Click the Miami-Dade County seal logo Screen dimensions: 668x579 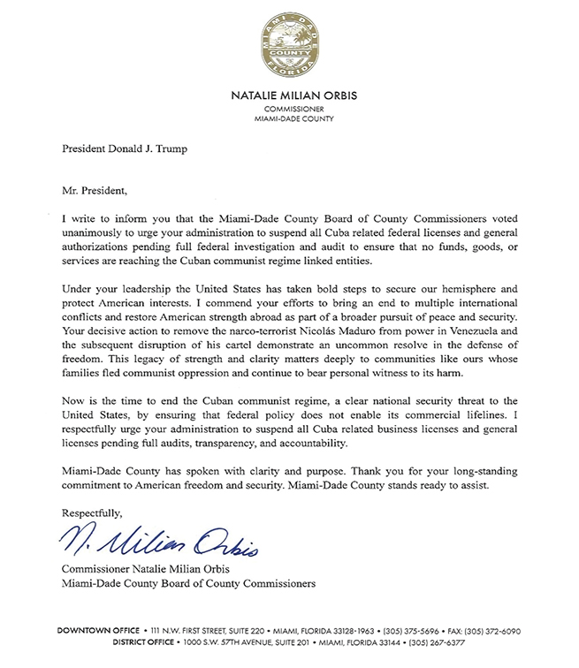[x=290, y=46]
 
